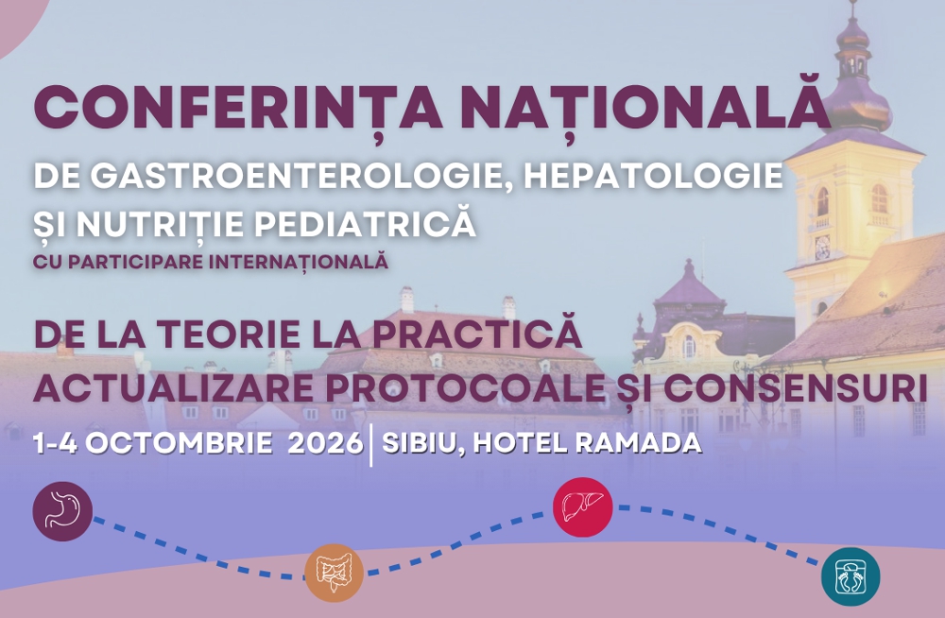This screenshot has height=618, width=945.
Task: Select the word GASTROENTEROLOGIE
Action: pyautogui.click(x=302, y=176)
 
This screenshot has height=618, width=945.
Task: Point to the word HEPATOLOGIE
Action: pyautogui.click(x=653, y=176)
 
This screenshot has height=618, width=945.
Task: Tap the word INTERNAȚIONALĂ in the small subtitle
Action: pyautogui.click(x=299, y=262)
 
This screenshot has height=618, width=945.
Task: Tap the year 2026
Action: pyautogui.click(x=325, y=443)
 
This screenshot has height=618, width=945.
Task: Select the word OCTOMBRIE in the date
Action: pyautogui.click(x=179, y=443)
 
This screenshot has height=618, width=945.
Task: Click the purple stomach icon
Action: pyautogui.click(x=62, y=511)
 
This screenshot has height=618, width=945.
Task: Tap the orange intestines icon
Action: pyautogui.click(x=334, y=573)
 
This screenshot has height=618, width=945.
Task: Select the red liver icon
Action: pyautogui.click(x=583, y=507)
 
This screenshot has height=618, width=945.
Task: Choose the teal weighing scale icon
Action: pyautogui.click(x=850, y=576)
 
